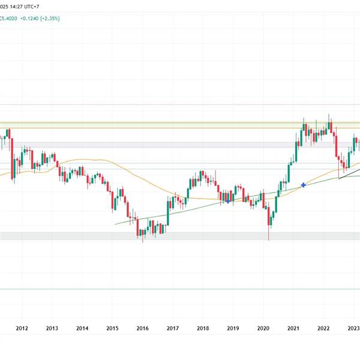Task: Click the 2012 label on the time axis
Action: [22, 328]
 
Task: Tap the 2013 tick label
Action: [52, 328]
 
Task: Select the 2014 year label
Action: [82, 328]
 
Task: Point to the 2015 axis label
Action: [112, 328]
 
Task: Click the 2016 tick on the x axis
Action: [142, 328]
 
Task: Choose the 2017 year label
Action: [173, 328]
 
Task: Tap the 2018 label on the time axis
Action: [203, 328]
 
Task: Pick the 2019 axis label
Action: [233, 328]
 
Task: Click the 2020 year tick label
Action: [263, 328]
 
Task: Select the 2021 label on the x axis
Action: [293, 328]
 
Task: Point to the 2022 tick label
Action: [323, 328]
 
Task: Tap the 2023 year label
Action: [353, 328]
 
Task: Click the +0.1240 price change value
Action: [31, 19]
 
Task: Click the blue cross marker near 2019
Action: [228, 201]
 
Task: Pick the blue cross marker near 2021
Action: [304, 185]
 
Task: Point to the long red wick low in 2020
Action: [268, 239]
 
